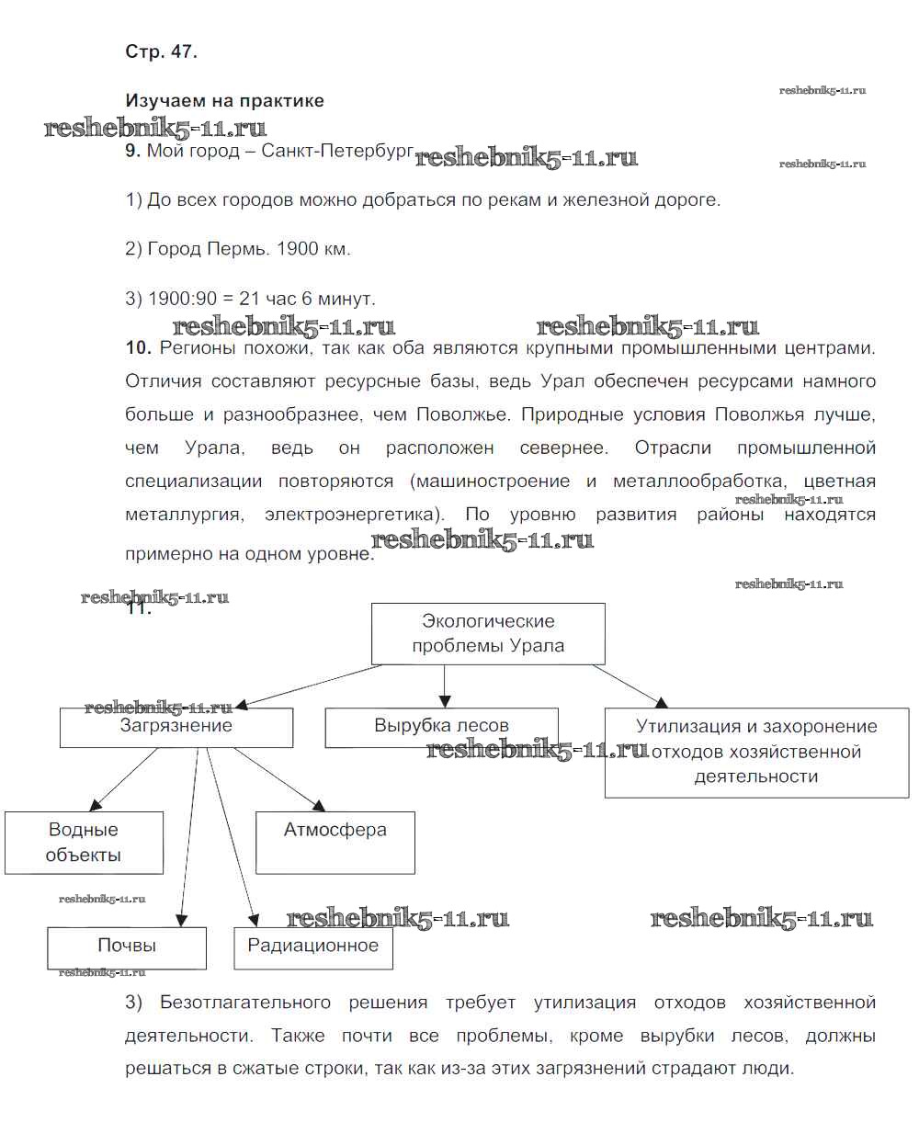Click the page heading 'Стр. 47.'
click(161, 52)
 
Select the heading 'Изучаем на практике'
click(224, 101)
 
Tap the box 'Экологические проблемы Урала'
click(488, 633)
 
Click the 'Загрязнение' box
click(176, 727)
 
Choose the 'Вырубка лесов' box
click(441, 727)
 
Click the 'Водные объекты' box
click(84, 842)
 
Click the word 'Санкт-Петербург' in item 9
click(337, 151)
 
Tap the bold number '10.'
click(138, 348)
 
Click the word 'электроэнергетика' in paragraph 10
click(352, 515)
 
